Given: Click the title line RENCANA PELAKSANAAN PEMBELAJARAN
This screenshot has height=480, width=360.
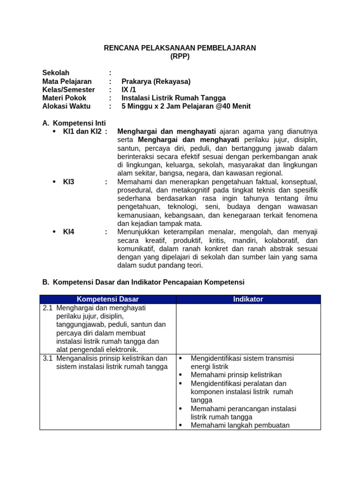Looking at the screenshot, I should pyautogui.click(x=180, y=48).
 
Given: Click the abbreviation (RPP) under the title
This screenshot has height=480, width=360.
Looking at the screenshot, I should pyautogui.click(x=180, y=57).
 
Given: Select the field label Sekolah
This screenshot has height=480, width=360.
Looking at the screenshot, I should pyautogui.click(x=56, y=73).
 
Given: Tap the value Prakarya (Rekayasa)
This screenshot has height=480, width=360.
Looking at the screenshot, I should pyautogui.click(x=156, y=81).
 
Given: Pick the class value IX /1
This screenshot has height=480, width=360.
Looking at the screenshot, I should pyautogui.click(x=128, y=90).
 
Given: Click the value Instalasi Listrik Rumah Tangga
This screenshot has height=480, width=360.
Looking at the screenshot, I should pyautogui.click(x=173, y=98).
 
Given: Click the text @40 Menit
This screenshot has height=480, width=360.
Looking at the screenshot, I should pyautogui.click(x=233, y=106).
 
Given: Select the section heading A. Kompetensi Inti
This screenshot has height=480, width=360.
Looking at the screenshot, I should pyautogui.click(x=74, y=123).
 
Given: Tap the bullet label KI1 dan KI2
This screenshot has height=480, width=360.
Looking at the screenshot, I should pyautogui.click(x=82, y=131).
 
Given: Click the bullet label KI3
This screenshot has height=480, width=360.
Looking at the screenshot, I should pyautogui.click(x=69, y=181).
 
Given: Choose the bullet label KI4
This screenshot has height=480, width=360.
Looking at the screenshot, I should pyautogui.click(x=69, y=232).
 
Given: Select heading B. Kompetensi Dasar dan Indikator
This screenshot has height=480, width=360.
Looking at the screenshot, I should pyautogui.click(x=143, y=282).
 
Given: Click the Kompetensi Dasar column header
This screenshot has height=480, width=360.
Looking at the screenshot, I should pyautogui.click(x=108, y=299).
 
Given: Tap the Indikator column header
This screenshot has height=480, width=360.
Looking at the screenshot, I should pyautogui.click(x=248, y=299).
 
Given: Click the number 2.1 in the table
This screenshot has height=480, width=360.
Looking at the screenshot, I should pyautogui.click(x=47, y=308).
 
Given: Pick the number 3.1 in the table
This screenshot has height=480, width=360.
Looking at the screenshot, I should pyautogui.click(x=47, y=358).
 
